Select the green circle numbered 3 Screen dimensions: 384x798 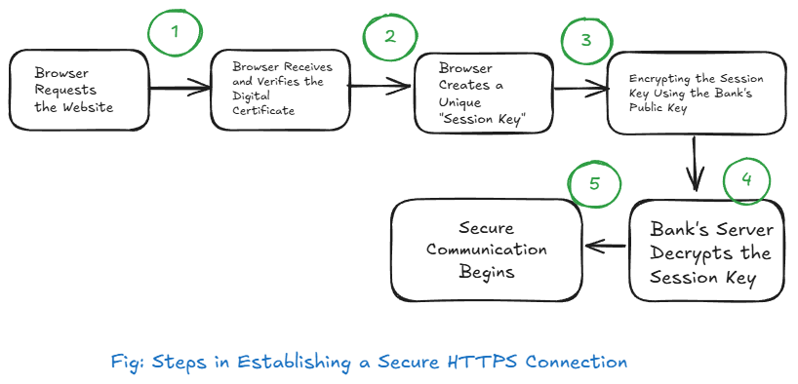tap(586, 42)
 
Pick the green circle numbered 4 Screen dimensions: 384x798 tap(745, 180)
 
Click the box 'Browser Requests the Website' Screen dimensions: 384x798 tap(80, 90)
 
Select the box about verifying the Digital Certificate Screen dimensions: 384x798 tap(280, 90)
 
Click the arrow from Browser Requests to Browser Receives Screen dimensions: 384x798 tap(181, 91)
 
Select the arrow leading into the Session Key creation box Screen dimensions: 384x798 tap(380, 87)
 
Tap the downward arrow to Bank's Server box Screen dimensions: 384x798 tap(696, 164)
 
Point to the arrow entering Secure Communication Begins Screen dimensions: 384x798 tap(605, 247)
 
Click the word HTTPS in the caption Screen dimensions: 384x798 tap(484, 362)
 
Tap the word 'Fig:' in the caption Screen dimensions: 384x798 tap(130, 363)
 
